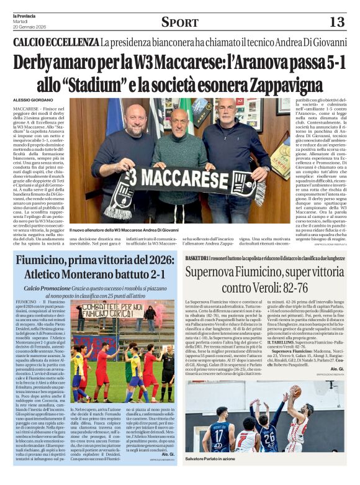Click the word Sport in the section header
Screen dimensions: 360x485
point(180,22)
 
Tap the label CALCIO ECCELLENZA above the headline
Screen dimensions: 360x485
point(56,42)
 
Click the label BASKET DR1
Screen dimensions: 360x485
point(197,258)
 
